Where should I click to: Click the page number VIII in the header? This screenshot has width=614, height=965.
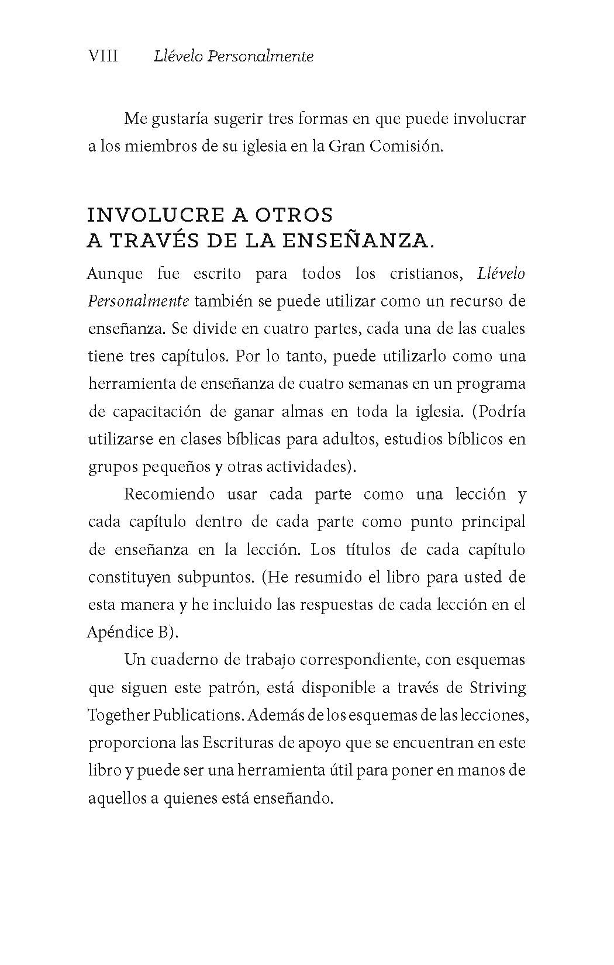click(x=103, y=56)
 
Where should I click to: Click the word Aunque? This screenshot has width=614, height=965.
click(x=115, y=274)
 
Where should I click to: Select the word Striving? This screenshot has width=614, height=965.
click(x=497, y=687)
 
